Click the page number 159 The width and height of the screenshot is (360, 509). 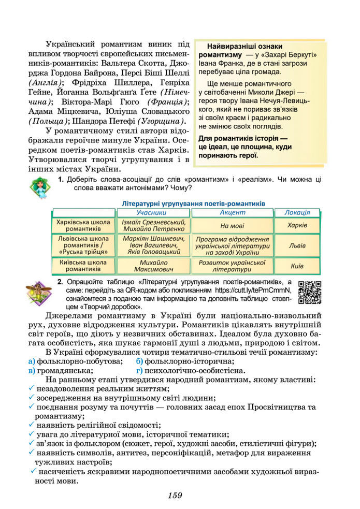coord(175,495)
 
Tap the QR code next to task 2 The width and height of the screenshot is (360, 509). coord(310,292)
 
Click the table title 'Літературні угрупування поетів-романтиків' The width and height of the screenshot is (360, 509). coord(193,203)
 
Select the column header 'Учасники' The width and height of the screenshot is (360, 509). coord(154,213)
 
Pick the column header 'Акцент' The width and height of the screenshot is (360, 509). coord(232,213)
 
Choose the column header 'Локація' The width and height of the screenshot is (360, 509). coord(297,213)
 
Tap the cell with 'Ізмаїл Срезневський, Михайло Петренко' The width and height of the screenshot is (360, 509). coord(154,225)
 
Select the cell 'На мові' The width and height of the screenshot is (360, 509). coord(232,226)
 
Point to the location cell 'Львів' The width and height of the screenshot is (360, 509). coord(297,246)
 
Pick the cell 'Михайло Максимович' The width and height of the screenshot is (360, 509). coord(154,266)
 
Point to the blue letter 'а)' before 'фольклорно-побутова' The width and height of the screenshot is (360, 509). coord(32,361)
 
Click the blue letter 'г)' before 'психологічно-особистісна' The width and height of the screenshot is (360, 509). coord(139,370)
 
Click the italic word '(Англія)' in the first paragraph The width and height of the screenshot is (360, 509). coord(45,83)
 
